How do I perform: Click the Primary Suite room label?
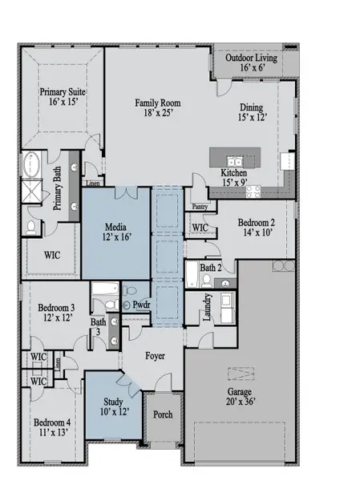(x=63, y=98)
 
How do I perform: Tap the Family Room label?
(x=157, y=108)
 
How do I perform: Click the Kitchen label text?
(x=233, y=178)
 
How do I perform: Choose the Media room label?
(x=115, y=232)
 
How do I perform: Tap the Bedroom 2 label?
(x=257, y=228)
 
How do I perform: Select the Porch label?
(x=163, y=414)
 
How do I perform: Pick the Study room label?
(x=114, y=406)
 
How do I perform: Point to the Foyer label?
(x=155, y=355)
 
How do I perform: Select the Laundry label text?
(x=208, y=307)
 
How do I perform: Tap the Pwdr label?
(x=141, y=305)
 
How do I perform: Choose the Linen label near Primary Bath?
(x=93, y=183)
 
